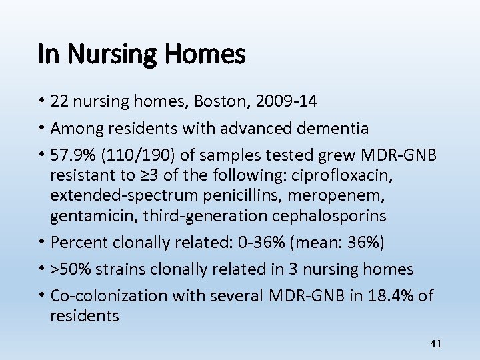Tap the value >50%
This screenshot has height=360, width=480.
point(72,269)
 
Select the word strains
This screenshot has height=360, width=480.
point(119,269)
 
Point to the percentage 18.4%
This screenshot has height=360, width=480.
point(386,295)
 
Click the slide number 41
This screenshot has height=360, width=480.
point(436,344)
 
